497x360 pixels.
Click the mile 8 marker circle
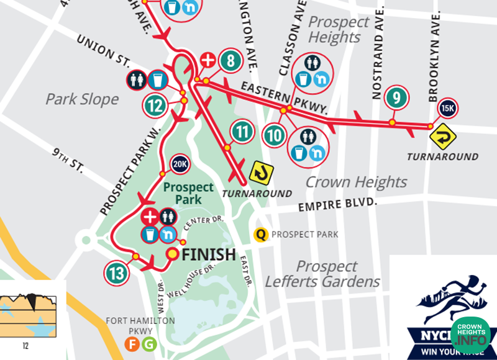tap(230, 61)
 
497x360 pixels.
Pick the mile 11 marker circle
tap(242, 132)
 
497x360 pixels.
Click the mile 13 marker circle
tap(116, 272)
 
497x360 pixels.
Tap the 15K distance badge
tap(447, 107)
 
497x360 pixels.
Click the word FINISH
tap(209, 254)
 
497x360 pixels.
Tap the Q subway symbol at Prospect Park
tap(262, 235)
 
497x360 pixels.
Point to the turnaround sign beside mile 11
tap(260, 171)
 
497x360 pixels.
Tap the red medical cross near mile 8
tap(208, 60)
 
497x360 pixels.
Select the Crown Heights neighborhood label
tap(356, 182)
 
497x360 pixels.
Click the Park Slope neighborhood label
tap(82, 99)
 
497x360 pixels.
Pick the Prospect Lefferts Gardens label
tap(322, 274)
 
